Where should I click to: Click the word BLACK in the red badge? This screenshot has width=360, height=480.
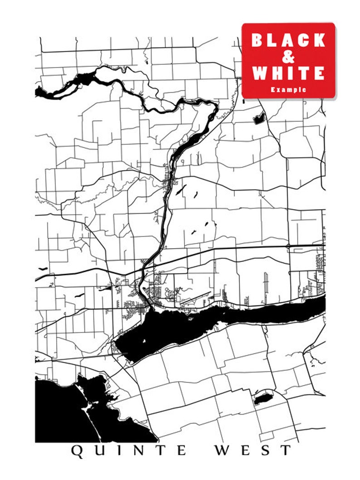(288, 40)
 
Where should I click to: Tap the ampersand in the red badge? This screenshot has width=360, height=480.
(288, 57)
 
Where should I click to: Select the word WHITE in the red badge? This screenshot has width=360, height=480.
(288, 73)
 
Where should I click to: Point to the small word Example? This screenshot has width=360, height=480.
(288, 90)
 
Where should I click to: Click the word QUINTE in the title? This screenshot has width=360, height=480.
(129, 451)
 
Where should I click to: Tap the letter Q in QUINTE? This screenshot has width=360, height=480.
(77, 451)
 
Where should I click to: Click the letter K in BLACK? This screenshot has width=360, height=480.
(319, 40)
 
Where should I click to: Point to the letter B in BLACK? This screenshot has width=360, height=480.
(258, 40)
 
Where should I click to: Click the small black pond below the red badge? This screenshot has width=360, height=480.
(259, 119)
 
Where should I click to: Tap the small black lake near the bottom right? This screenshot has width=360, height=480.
(263, 399)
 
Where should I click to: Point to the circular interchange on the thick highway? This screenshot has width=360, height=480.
(288, 246)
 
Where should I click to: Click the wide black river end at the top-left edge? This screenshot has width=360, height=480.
(42, 92)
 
